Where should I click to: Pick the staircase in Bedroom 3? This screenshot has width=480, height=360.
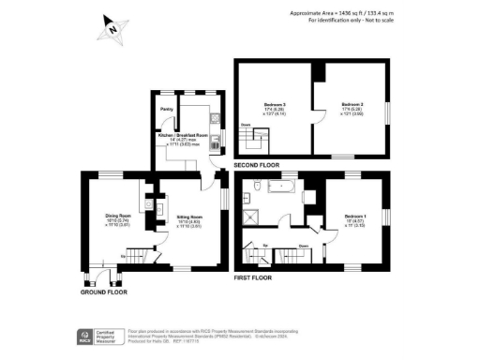tap(251, 141)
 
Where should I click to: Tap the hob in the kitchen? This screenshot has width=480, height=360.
tap(215, 119)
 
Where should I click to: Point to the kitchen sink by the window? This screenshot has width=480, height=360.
tap(218, 142)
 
